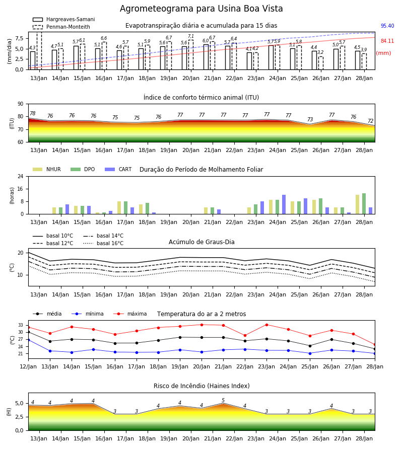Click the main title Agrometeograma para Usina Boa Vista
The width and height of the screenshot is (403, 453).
(x=201, y=9)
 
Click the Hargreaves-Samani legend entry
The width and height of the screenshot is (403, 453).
(x=63, y=19)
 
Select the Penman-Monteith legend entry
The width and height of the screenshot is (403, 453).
(x=61, y=27)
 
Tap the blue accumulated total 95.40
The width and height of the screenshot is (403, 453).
(x=387, y=26)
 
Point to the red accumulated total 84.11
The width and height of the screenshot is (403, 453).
(x=387, y=41)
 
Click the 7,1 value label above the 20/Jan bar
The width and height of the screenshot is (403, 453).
(x=191, y=36)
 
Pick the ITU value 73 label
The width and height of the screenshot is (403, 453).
(x=310, y=119)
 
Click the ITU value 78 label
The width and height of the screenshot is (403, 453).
(x=33, y=114)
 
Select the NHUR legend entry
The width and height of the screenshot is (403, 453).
(x=47, y=169)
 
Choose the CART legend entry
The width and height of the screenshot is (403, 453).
(x=118, y=169)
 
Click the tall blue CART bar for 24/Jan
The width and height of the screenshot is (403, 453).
(x=284, y=204)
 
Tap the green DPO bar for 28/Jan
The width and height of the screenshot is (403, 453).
(x=364, y=204)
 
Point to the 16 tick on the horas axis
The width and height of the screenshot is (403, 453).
(x=21, y=189)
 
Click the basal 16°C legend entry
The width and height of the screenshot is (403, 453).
(x=103, y=243)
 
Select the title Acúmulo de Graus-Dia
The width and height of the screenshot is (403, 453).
(x=201, y=242)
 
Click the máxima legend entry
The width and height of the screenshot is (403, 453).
(x=130, y=314)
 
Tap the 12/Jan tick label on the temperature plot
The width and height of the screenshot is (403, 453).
(x=28, y=366)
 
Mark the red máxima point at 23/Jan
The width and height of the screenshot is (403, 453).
(x=266, y=325)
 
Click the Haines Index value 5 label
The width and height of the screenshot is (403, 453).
(x=223, y=400)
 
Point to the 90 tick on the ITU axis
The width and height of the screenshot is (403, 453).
(x=21, y=104)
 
